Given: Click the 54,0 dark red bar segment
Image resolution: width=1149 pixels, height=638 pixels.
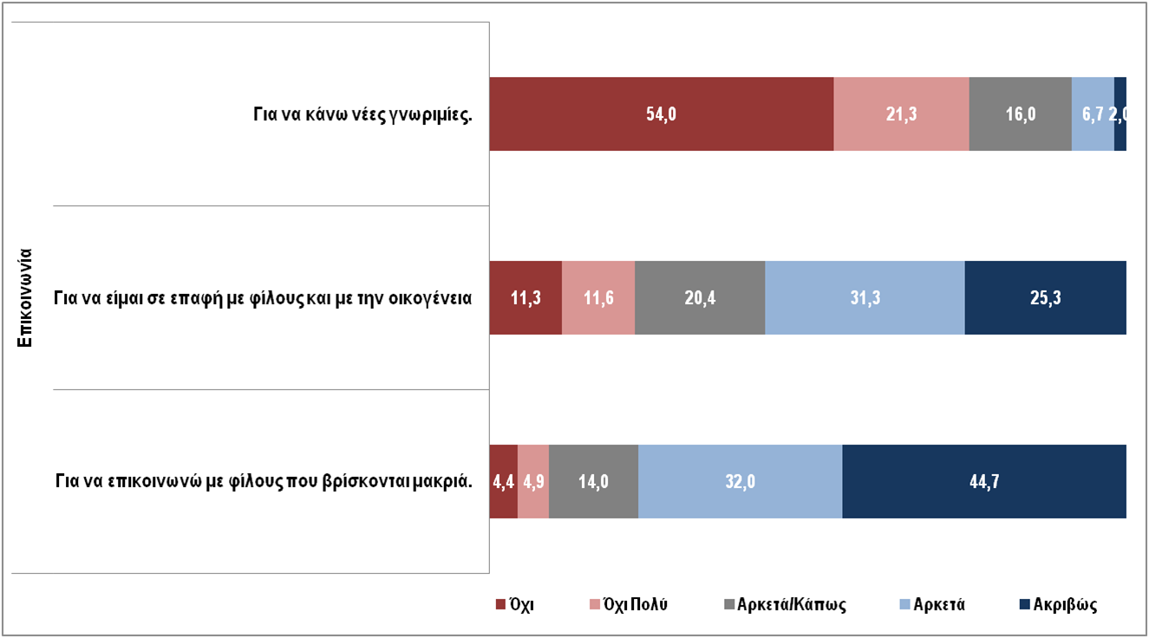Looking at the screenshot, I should click(661, 114).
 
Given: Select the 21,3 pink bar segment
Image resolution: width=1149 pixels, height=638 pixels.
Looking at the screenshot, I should click(901, 114).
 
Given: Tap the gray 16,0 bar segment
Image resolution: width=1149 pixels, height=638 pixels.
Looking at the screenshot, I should click(1020, 114).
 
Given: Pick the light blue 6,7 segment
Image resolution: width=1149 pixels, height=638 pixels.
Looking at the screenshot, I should click(1092, 114).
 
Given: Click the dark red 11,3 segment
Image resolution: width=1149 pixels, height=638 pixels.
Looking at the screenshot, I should click(526, 298).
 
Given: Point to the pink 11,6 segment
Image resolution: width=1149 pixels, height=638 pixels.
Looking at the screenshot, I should click(598, 298).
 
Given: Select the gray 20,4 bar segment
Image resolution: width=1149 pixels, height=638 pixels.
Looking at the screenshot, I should click(700, 298).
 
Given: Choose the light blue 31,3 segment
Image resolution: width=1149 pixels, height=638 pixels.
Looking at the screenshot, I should click(865, 298).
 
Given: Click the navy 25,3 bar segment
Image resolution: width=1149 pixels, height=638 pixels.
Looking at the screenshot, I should click(1045, 298).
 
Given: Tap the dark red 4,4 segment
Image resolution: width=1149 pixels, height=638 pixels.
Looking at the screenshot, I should click(504, 482).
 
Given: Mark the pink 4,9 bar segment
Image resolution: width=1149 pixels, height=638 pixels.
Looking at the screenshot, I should click(533, 482).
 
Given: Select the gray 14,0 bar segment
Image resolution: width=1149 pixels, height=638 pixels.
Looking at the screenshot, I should click(593, 482).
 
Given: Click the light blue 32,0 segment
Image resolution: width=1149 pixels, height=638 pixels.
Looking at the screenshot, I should click(740, 482).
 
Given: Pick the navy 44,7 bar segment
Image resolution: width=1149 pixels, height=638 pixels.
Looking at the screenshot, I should click(984, 482).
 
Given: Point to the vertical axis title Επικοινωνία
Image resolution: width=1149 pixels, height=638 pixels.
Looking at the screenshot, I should click(26, 297).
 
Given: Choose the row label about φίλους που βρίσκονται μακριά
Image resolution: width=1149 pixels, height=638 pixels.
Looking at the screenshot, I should click(264, 482).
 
